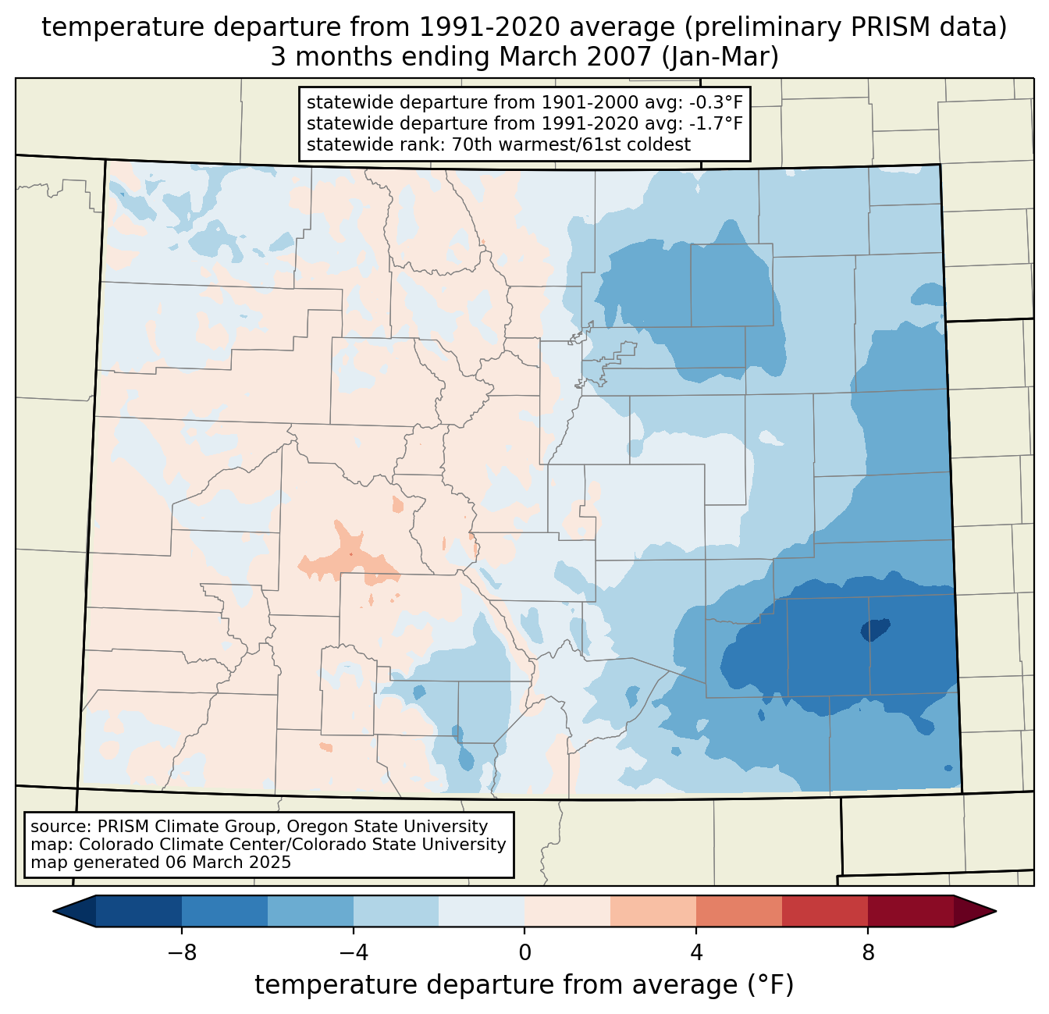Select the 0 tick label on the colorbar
[x=524, y=953]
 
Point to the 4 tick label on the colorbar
[x=696, y=953]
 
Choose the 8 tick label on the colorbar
[x=868, y=953]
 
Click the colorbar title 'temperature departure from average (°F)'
[x=524, y=985]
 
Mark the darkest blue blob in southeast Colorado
[x=875, y=629]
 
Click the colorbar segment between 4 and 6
[x=738, y=911]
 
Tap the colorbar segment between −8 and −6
[x=224, y=911]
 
